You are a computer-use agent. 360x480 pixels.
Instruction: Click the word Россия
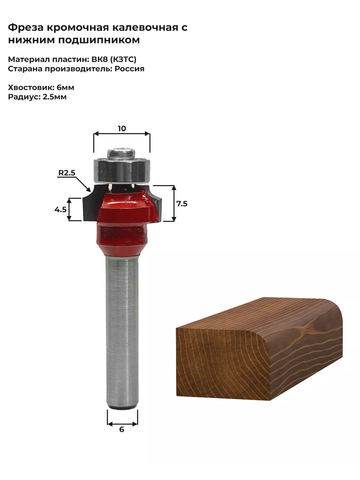pyautogui.click(x=129, y=69)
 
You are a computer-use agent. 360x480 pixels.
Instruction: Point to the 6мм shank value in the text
pyautogui.click(x=65, y=88)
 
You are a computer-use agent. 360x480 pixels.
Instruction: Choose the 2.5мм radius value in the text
pyautogui.click(x=55, y=97)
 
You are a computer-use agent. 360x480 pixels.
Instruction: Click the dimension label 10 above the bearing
pyautogui.click(x=122, y=128)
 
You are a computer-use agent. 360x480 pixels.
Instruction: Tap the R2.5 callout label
pyautogui.click(x=67, y=173)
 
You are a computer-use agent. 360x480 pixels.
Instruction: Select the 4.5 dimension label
pyautogui.click(x=60, y=210)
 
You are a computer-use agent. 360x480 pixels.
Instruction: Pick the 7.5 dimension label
pyautogui.click(x=182, y=204)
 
